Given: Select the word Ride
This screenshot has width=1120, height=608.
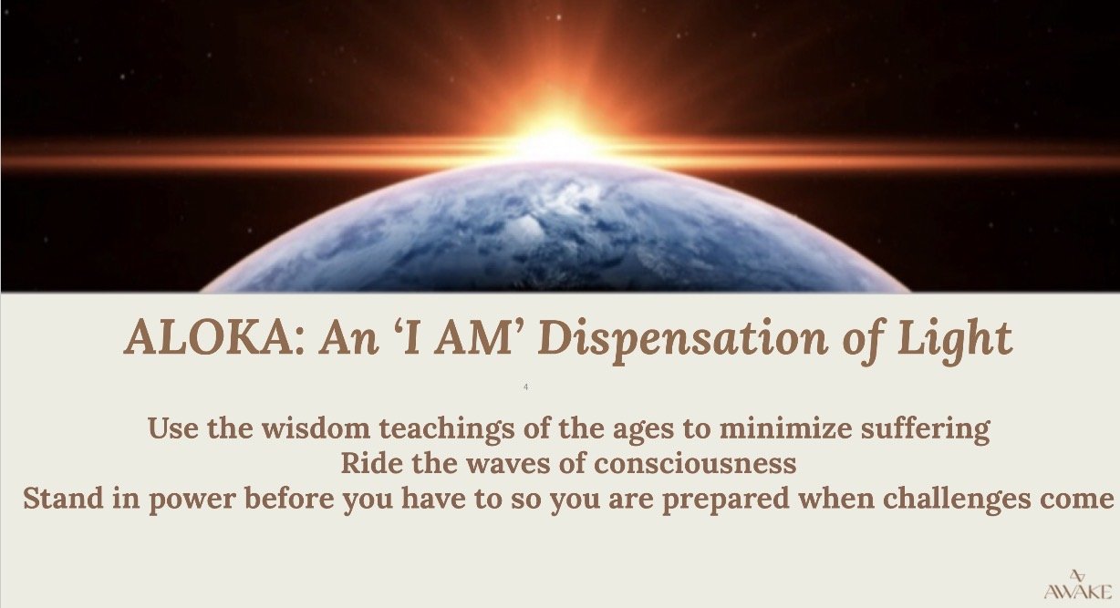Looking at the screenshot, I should pos(368,463).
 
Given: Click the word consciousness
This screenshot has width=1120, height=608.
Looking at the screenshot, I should pos(697,463).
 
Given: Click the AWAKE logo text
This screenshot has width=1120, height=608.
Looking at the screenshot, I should pos(1078,592).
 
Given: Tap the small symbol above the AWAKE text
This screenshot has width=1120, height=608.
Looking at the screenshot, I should pos(1078,575).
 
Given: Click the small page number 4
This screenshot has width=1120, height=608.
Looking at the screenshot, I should pos(526,387).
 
